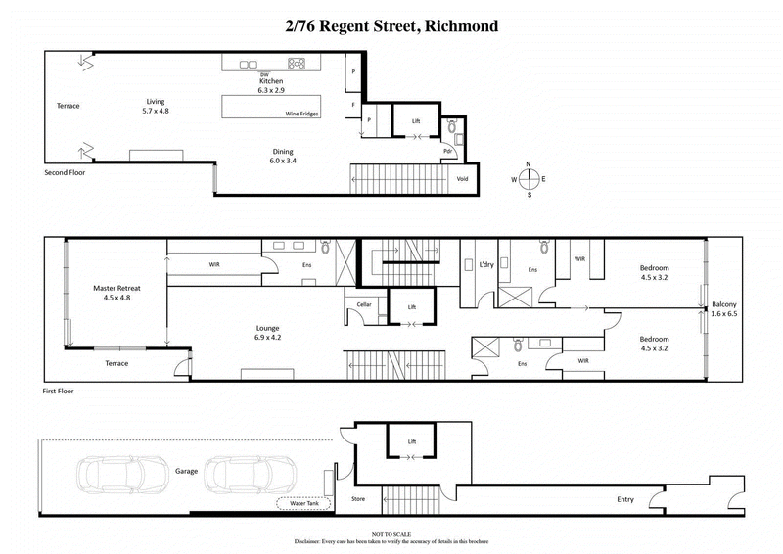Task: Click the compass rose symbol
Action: point(528,179)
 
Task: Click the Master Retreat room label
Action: point(115,291)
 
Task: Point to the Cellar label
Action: point(364,305)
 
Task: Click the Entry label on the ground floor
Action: point(624,499)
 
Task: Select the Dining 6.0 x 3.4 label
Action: point(283,156)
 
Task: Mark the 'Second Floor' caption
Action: point(68,172)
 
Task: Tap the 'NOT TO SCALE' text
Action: point(391,532)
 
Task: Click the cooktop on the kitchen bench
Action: point(296,65)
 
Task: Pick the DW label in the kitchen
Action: point(264,74)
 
